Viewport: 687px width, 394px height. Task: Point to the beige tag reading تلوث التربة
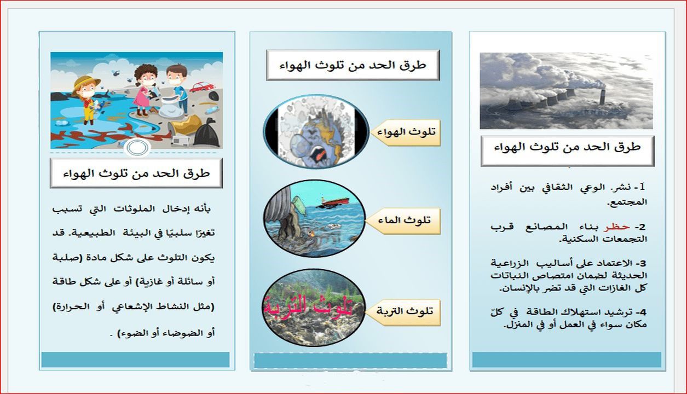(406, 311)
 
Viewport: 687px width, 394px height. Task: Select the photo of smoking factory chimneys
(566, 90)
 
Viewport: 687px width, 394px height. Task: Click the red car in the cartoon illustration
(202, 86)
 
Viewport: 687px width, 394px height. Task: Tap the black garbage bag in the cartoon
(206, 133)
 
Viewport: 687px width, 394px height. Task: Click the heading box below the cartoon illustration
(136, 173)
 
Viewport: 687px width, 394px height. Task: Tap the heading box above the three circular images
(353, 65)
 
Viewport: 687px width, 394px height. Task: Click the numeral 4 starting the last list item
(643, 312)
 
